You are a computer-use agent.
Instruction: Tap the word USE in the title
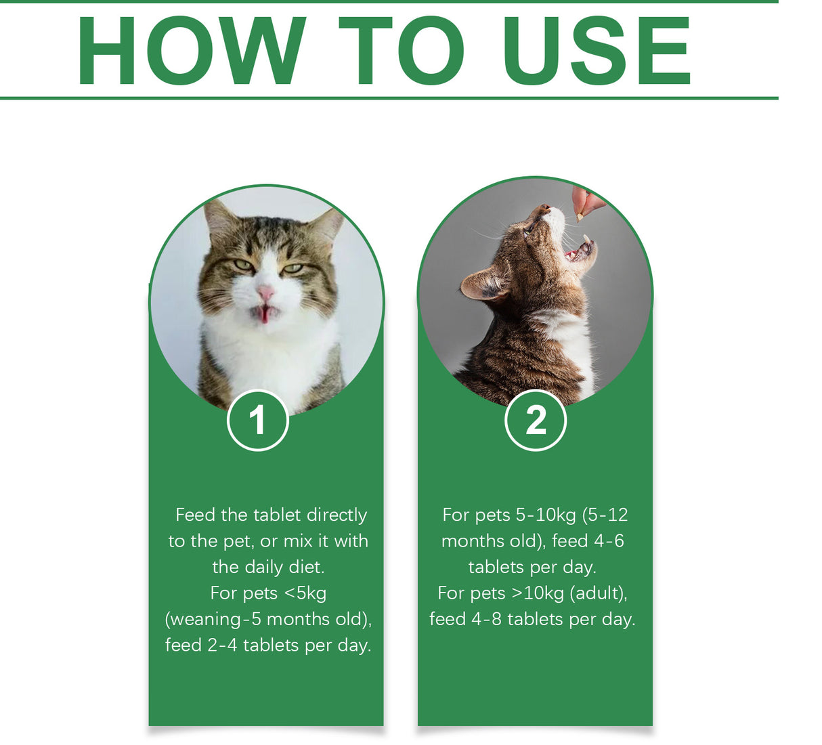tap(597, 51)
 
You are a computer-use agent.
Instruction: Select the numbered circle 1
tap(257, 421)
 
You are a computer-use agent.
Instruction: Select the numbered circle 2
tap(536, 421)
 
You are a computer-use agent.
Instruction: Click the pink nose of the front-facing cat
tap(265, 293)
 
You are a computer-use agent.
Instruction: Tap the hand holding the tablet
tap(586, 200)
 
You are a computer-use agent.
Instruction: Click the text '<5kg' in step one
tap(305, 593)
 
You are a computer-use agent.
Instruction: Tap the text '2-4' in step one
tap(222, 645)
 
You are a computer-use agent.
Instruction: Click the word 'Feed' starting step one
tap(194, 515)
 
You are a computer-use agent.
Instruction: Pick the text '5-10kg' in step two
tap(546, 515)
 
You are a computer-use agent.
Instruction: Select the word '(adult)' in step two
tap(599, 593)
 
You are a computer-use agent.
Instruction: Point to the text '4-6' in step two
tap(609, 541)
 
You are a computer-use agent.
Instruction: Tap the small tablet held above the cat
tap(580, 217)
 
